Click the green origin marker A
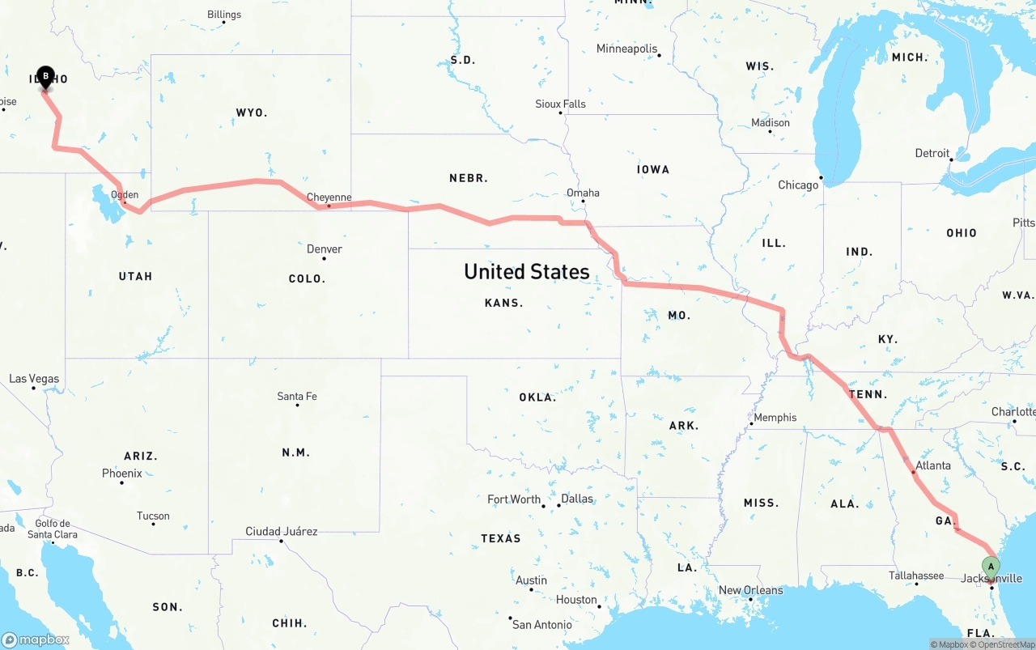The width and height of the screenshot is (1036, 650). (x=990, y=566)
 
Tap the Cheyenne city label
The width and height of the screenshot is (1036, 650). (x=329, y=197)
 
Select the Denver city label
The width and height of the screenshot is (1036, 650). (x=324, y=249)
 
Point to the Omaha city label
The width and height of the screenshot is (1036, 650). (x=583, y=193)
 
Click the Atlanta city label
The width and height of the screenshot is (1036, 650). (x=933, y=465)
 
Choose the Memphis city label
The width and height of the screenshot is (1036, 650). (x=775, y=418)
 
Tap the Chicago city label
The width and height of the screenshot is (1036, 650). (x=798, y=185)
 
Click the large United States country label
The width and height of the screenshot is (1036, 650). (x=526, y=272)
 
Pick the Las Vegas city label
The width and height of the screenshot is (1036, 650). (x=34, y=378)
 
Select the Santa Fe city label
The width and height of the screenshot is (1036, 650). (x=297, y=396)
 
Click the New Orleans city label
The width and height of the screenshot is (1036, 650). (x=750, y=590)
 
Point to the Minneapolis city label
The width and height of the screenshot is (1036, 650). (x=626, y=49)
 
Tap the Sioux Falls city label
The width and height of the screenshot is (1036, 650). (x=560, y=104)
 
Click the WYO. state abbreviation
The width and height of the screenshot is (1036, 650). (x=251, y=113)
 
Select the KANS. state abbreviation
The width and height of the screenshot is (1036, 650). (x=503, y=303)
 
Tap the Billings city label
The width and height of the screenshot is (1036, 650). (x=224, y=15)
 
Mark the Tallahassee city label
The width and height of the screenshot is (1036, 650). (x=916, y=576)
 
